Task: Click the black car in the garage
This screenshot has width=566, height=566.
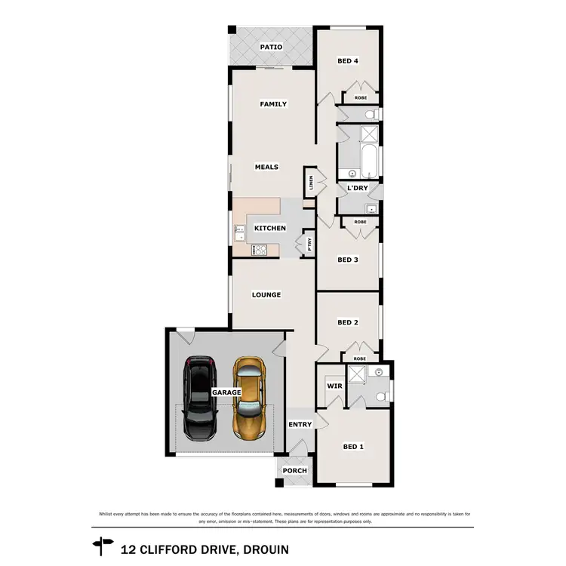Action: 201,398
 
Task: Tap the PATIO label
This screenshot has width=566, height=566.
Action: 271,47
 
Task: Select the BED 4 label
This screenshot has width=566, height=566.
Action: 347,62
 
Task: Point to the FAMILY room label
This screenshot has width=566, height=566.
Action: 273,104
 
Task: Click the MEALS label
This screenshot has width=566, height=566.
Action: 266,167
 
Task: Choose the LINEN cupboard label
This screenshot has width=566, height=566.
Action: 309,183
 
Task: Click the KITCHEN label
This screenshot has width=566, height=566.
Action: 269,228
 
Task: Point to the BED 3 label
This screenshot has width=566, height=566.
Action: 347,260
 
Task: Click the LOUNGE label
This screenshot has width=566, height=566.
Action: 267,294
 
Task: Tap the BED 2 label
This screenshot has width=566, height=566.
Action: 347,322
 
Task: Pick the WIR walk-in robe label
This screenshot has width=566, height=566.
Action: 334,386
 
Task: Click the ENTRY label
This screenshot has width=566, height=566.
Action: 300,424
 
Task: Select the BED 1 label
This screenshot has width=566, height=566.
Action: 353,446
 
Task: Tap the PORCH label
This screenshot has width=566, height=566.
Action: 294,470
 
